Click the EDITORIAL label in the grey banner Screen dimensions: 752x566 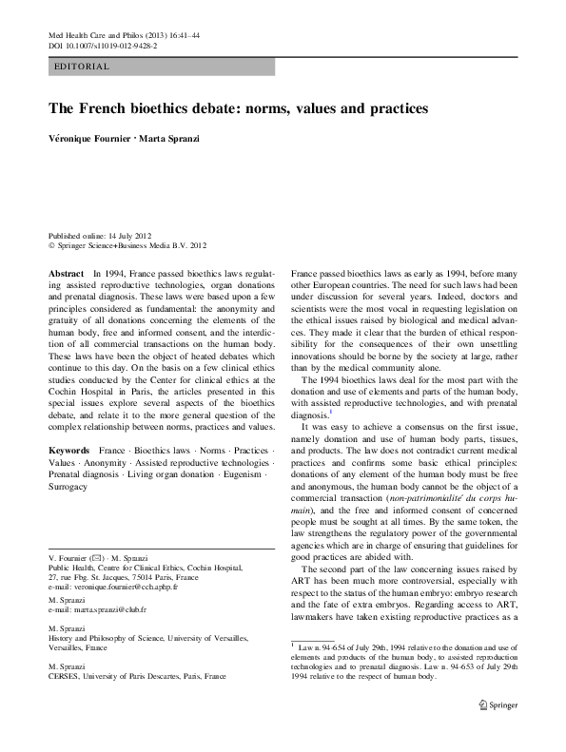84,67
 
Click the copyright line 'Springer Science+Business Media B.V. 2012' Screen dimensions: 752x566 132,244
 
